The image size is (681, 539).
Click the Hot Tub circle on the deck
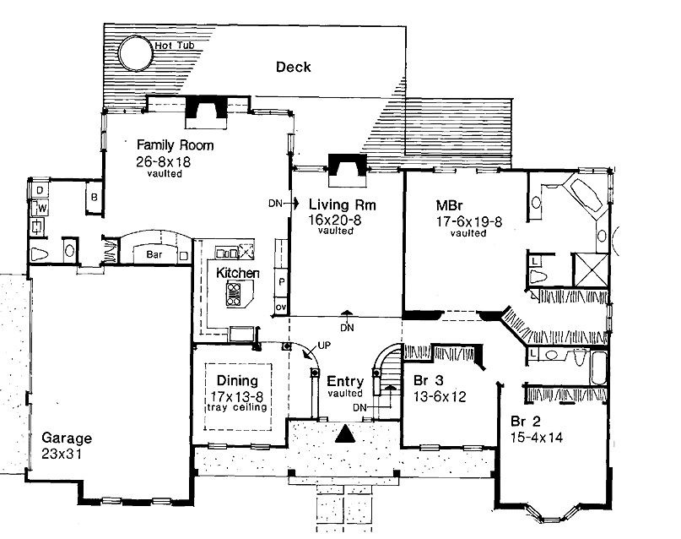point(135,53)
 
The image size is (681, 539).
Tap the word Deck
point(294,67)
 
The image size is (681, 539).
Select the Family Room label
point(176,145)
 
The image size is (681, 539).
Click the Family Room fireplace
point(205,112)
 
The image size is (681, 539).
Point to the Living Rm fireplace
point(345,168)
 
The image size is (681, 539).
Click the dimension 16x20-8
point(335,220)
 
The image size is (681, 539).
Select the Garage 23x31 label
point(66,445)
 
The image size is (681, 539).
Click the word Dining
point(237,381)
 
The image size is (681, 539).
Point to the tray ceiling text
point(237,408)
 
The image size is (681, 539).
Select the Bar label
point(153,253)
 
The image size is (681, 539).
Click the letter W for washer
point(40,208)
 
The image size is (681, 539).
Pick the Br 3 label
point(427,379)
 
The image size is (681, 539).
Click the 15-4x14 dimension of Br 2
point(537,438)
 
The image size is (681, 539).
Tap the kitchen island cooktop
point(234,294)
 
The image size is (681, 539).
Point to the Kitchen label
point(237,274)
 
